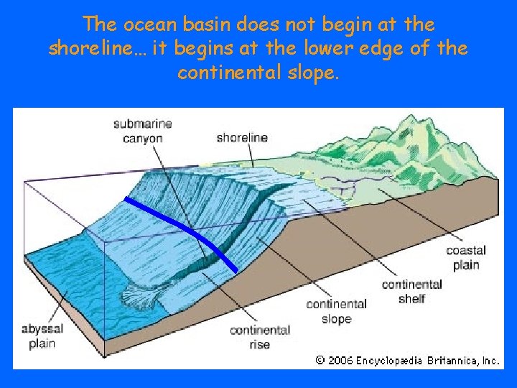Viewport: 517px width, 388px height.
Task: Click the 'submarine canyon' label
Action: coord(142,130)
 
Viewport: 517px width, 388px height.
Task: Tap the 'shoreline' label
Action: coord(242,137)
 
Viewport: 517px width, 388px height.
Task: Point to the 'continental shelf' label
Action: coord(411,291)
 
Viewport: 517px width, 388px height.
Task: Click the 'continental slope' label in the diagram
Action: coord(336,311)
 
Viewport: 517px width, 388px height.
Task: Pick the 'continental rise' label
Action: coord(259,337)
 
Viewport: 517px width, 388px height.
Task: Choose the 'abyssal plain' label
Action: coord(42,336)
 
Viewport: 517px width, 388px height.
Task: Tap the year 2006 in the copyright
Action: coord(340,361)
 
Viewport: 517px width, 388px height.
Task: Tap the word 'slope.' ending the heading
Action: coord(309,73)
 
